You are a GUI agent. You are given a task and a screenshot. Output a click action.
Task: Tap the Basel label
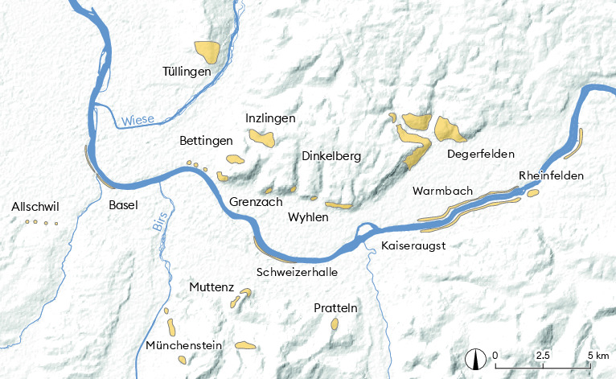pos(124,205)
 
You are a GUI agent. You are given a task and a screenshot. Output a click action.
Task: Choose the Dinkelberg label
pos(331,155)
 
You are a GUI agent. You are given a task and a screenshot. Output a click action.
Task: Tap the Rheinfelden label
pos(552,176)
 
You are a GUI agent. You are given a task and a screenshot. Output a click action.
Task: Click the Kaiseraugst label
pos(413,243)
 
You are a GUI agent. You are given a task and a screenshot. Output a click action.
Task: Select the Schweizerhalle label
pos(297,272)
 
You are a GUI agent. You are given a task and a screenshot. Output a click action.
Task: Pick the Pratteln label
pos(335,308)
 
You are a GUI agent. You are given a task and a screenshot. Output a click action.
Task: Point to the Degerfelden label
pos(480,154)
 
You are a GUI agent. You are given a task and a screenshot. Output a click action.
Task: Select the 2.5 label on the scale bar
pos(544,355)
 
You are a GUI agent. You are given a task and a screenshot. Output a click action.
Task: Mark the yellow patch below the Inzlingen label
pos(262,138)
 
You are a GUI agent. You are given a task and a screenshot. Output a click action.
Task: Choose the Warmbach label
pos(439,192)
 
